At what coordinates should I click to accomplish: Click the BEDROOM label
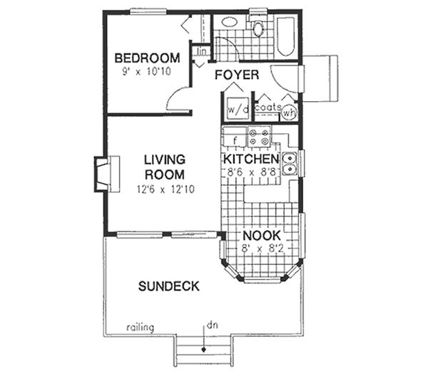[147, 58]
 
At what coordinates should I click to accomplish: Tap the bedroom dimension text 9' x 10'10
[147, 71]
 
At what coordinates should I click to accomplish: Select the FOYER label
[236, 74]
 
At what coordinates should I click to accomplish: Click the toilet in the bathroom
[258, 28]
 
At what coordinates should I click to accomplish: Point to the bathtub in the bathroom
[285, 36]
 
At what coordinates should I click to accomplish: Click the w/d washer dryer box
[236, 110]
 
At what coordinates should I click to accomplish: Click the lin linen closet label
[201, 51]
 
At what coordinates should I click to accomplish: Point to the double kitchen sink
[290, 163]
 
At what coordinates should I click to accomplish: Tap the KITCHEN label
[251, 159]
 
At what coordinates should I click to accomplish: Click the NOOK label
[262, 236]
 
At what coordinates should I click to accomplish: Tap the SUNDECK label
[168, 286]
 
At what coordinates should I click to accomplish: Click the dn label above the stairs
[211, 325]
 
